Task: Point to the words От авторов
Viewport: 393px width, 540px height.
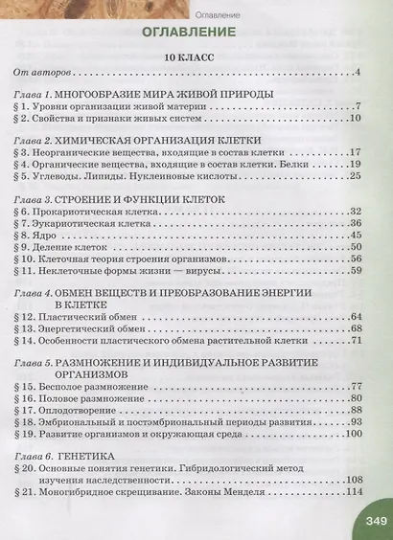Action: pos(42,74)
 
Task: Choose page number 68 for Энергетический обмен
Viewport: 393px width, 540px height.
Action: pos(352,327)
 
